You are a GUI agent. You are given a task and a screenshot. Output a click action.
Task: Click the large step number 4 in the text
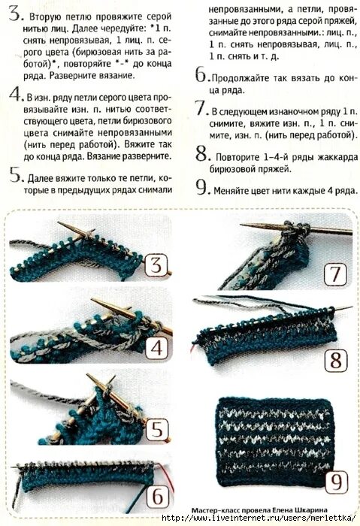(x=16, y=94)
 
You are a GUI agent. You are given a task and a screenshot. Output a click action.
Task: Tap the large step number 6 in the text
(x=201, y=74)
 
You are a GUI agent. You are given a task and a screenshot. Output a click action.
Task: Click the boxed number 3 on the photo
(x=156, y=265)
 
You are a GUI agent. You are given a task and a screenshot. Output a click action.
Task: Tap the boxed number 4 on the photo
(x=156, y=348)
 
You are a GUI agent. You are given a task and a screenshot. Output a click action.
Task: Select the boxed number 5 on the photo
(x=157, y=429)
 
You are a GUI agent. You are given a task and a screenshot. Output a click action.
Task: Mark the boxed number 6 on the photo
(x=158, y=496)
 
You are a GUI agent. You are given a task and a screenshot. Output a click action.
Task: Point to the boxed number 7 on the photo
(x=335, y=274)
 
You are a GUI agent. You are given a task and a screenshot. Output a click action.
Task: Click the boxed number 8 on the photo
(x=335, y=361)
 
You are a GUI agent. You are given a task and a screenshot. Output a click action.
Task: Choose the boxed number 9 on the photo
(x=336, y=482)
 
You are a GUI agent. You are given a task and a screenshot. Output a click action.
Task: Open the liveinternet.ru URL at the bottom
(x=258, y=518)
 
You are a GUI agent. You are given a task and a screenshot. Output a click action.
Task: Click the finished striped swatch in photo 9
(x=274, y=443)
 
